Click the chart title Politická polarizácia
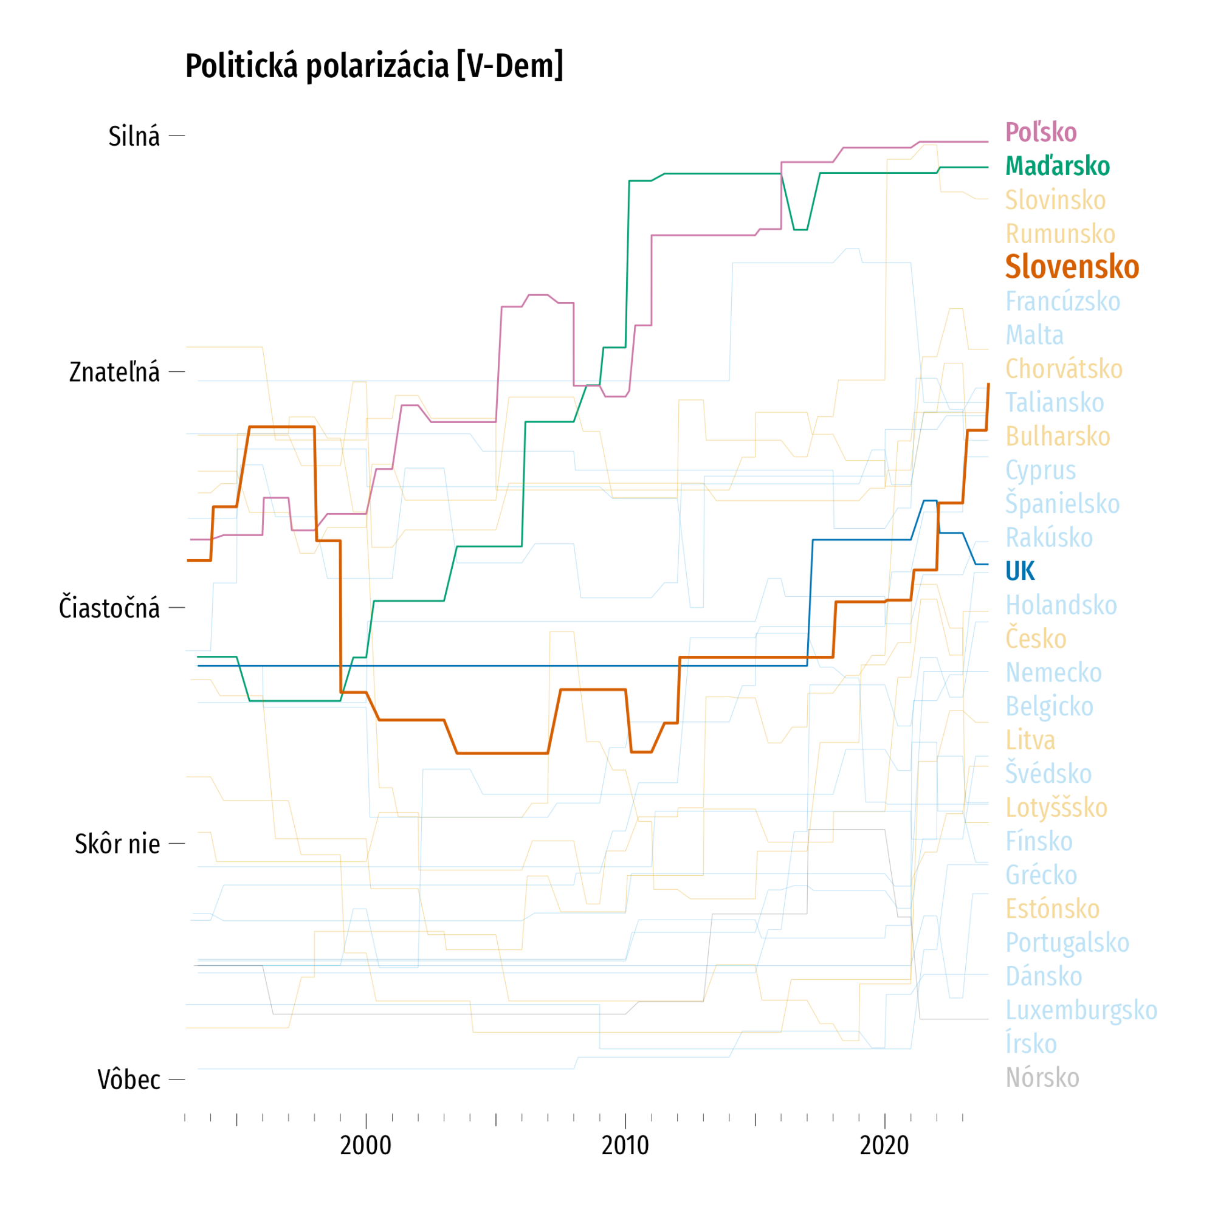point(374,66)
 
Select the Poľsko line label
point(1041,133)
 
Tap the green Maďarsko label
point(1057,167)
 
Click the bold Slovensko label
point(1072,267)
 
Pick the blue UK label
point(1019,571)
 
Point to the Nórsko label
point(1042,1077)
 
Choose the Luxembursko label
point(1081,1010)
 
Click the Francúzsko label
point(1062,301)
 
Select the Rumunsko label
point(1059,234)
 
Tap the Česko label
point(1036,639)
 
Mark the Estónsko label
point(1052,909)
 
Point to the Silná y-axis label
point(134,137)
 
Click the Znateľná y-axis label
point(114,373)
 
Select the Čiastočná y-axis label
point(109,608)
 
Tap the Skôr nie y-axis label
point(117,844)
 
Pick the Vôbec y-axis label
point(129,1080)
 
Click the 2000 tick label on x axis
point(365,1145)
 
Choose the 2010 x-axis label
point(625,1145)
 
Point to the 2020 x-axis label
point(884,1145)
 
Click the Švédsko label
point(1048,774)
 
